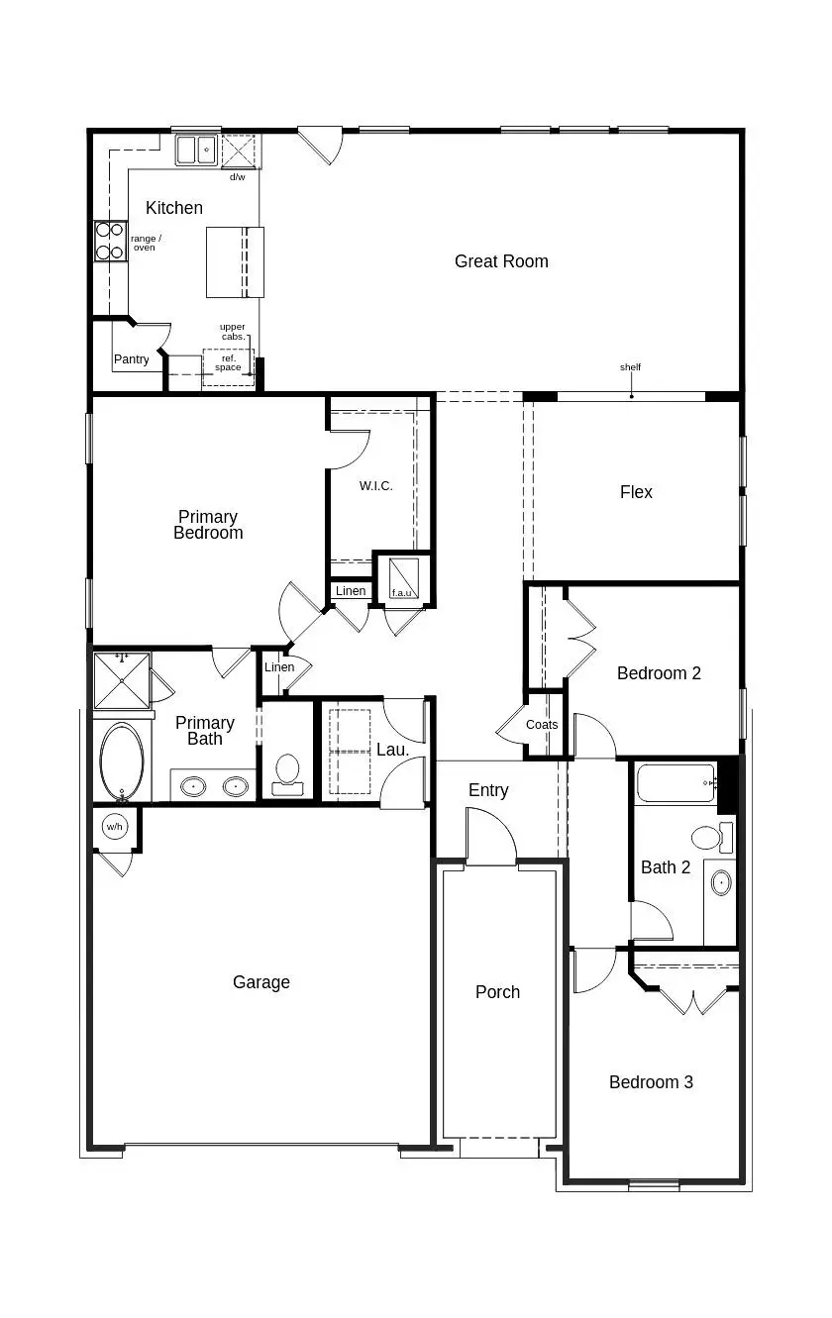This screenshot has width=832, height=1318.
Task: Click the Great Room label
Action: click(x=501, y=261)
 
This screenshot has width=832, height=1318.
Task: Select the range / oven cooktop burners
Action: click(x=110, y=241)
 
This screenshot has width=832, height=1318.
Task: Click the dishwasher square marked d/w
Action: click(x=239, y=152)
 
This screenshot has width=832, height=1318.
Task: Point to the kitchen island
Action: click(x=235, y=261)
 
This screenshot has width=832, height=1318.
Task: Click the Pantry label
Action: click(x=131, y=359)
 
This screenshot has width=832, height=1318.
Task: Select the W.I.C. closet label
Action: click(x=375, y=486)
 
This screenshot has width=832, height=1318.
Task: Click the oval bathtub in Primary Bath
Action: click(x=122, y=761)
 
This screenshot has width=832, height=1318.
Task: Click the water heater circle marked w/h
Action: click(x=115, y=826)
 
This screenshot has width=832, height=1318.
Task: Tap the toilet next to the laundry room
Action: click(x=287, y=771)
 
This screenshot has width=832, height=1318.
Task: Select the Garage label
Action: click(x=261, y=982)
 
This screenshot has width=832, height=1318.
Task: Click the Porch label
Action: click(x=497, y=992)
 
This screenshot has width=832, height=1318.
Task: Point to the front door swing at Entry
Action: click(x=491, y=838)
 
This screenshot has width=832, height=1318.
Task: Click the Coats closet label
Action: click(x=542, y=725)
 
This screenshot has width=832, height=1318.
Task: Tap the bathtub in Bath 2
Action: click(x=676, y=783)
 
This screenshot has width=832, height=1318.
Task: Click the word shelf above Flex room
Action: click(x=631, y=367)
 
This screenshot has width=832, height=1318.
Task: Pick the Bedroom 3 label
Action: click(x=651, y=1082)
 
